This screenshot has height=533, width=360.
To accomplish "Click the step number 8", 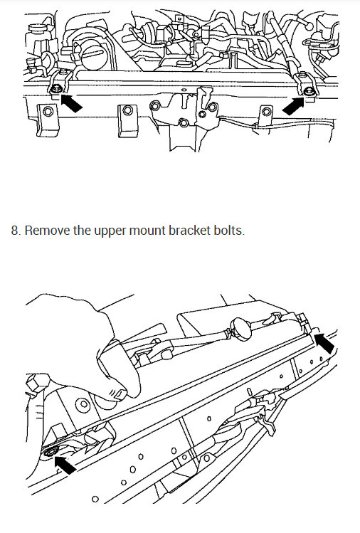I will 14,232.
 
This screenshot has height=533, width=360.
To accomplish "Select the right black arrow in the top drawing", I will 294,105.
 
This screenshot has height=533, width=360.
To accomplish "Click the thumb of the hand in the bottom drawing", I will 114,389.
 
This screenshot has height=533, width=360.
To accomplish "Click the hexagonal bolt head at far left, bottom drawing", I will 32,385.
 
